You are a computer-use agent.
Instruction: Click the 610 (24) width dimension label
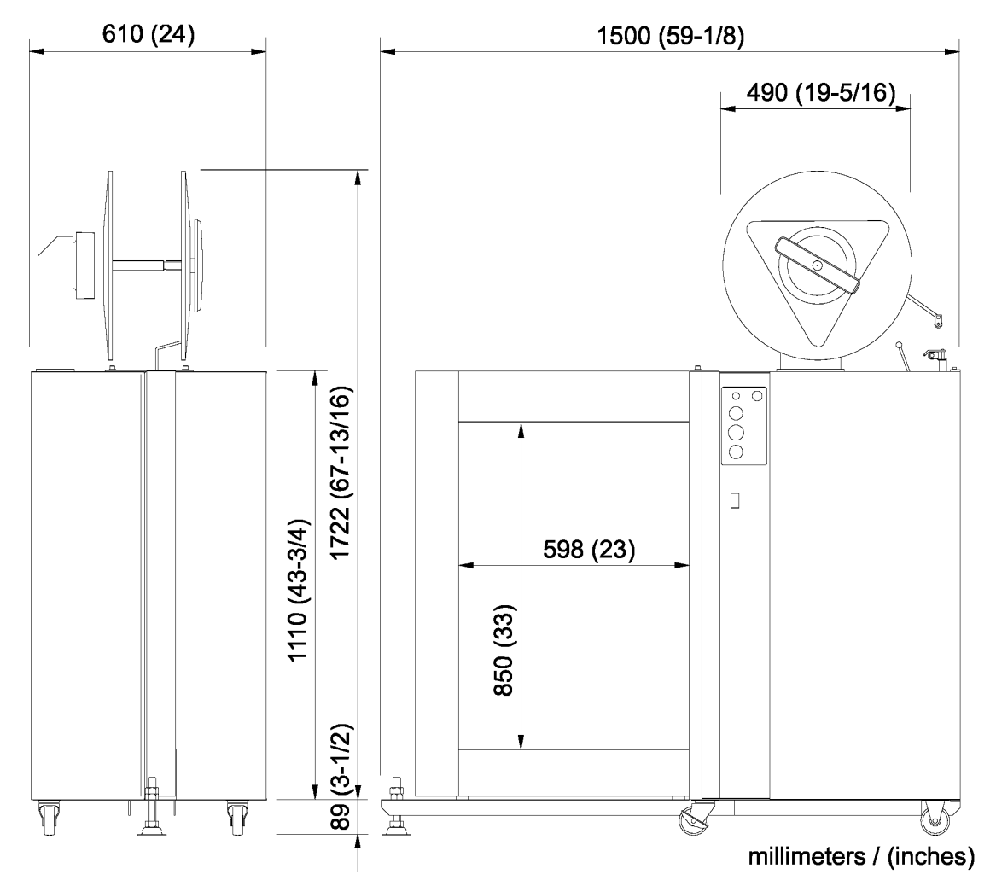[x=147, y=35]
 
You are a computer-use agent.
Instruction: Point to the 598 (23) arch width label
[x=589, y=550]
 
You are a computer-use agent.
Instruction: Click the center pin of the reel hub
[x=818, y=266]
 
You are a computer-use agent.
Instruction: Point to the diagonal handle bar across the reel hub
[x=818, y=267]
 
